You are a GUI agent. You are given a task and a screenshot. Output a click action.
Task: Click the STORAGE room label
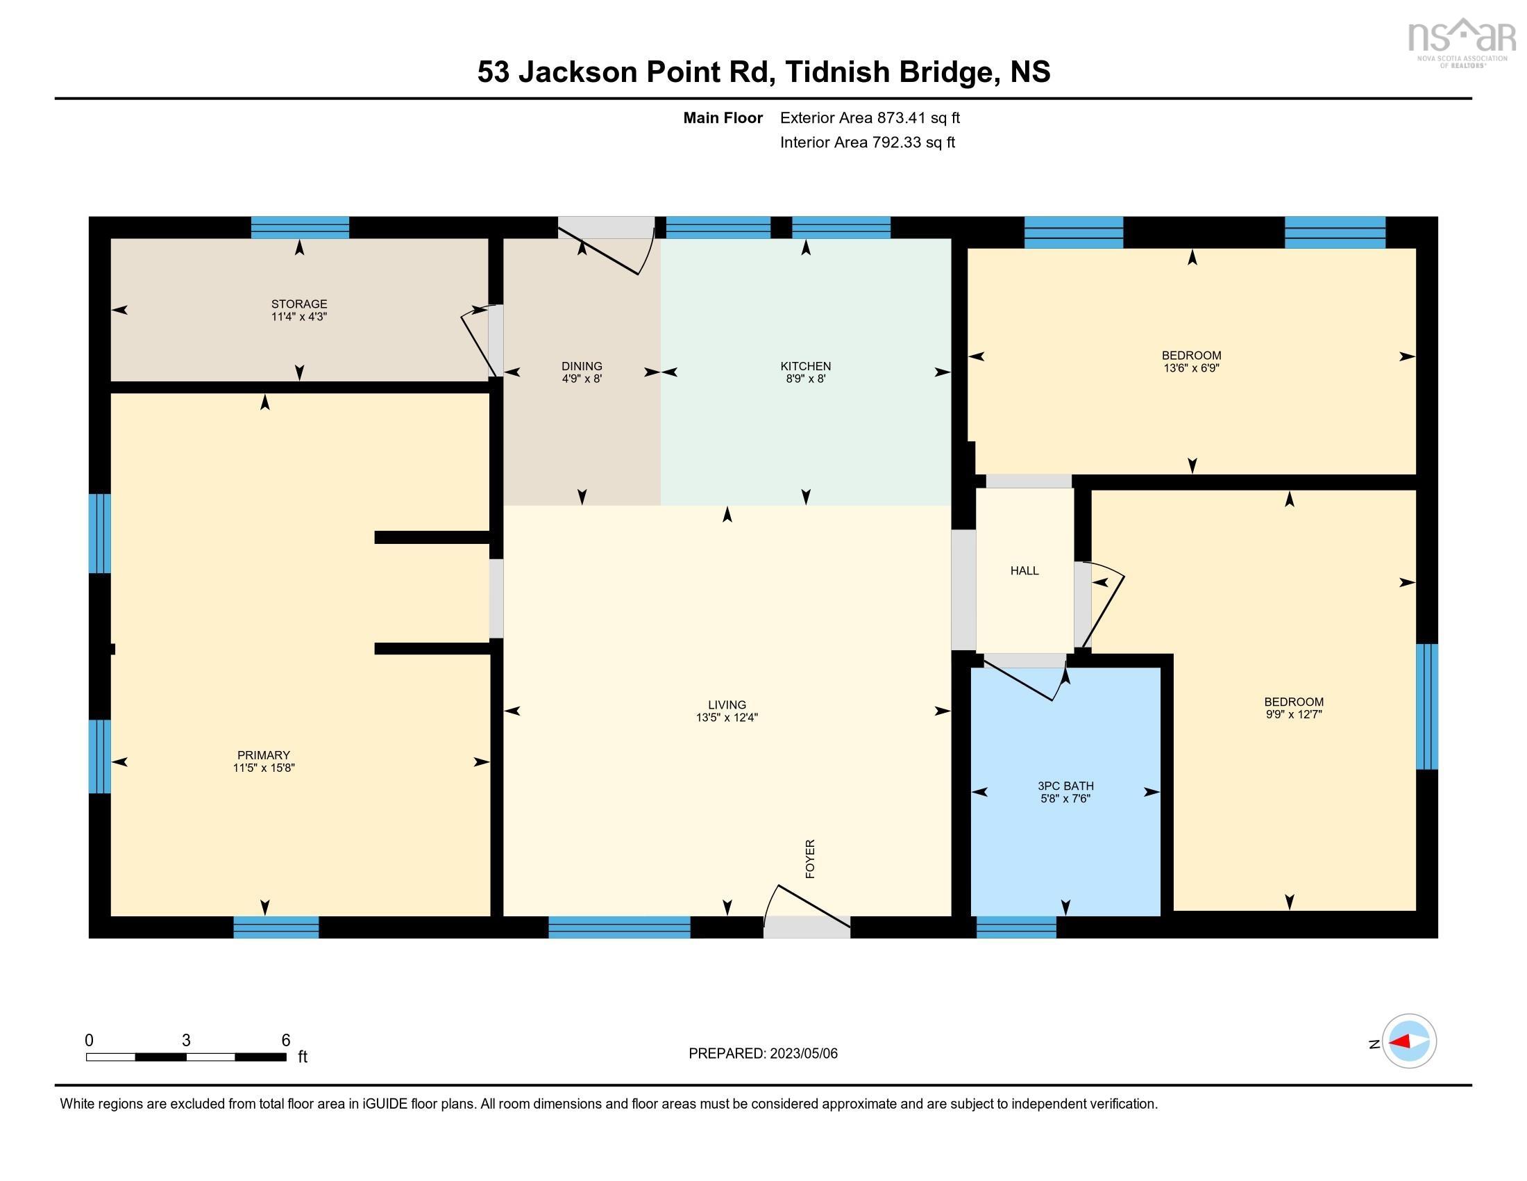[x=299, y=304]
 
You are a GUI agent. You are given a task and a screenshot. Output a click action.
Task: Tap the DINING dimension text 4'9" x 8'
[x=582, y=379]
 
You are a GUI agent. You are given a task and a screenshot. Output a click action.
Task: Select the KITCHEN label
[x=805, y=366]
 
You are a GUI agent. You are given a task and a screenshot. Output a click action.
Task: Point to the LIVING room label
[x=727, y=704]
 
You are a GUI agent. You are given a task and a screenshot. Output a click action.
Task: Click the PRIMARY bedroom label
[x=263, y=755]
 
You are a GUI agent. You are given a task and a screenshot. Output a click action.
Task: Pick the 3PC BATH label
[x=1065, y=786]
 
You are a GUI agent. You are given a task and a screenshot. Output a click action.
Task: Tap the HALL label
[x=1024, y=571]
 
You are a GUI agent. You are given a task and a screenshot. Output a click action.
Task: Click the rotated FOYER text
[x=810, y=859]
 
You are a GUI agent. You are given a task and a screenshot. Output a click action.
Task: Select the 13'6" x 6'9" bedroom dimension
[x=1191, y=368]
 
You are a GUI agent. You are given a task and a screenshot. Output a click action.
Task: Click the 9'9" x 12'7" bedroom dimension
[x=1294, y=714]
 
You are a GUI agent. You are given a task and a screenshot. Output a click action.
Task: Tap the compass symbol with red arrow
[x=1409, y=1041]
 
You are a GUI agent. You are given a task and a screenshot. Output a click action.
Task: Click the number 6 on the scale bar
[x=285, y=1040]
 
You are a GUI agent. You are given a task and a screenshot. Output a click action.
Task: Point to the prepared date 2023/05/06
[x=763, y=1054]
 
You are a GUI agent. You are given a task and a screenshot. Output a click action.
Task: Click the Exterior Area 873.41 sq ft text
[x=870, y=118]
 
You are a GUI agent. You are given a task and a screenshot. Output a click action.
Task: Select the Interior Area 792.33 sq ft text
[x=867, y=142]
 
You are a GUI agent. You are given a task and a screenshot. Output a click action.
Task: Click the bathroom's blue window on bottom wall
[x=1016, y=927]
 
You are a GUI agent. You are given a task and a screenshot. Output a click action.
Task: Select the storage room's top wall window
[x=300, y=227]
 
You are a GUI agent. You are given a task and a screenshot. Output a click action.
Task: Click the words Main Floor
[x=723, y=118]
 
